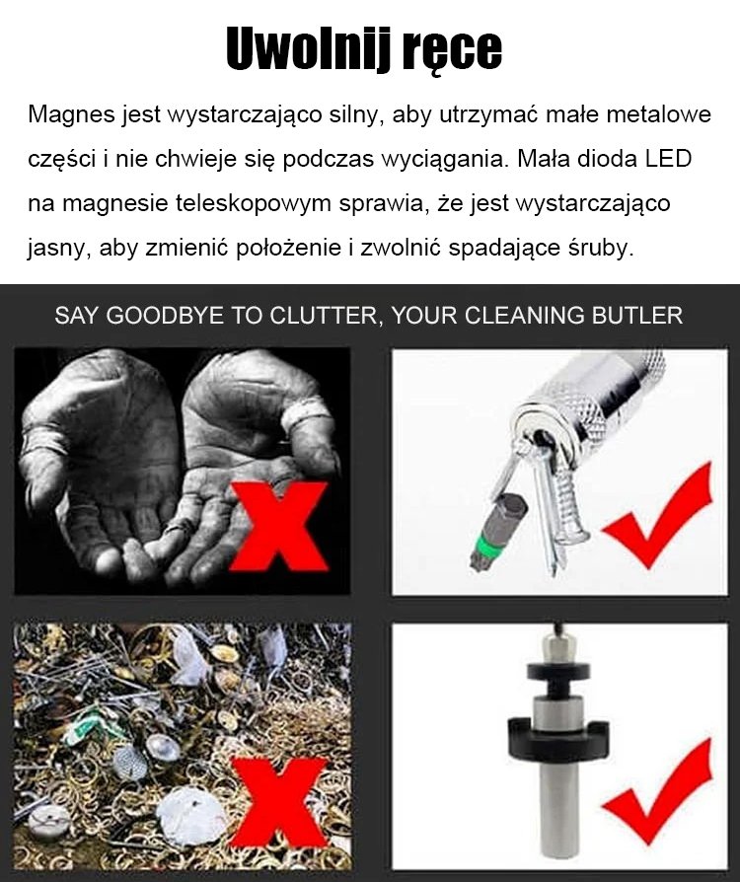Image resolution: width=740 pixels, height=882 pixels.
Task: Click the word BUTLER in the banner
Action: click(x=637, y=316)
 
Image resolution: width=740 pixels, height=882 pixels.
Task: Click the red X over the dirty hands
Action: click(x=279, y=527)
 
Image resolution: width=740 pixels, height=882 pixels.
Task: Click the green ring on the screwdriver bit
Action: click(x=486, y=545)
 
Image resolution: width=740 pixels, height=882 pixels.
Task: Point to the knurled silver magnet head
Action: click(x=591, y=394)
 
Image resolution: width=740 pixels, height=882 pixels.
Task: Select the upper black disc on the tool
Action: click(x=558, y=672)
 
